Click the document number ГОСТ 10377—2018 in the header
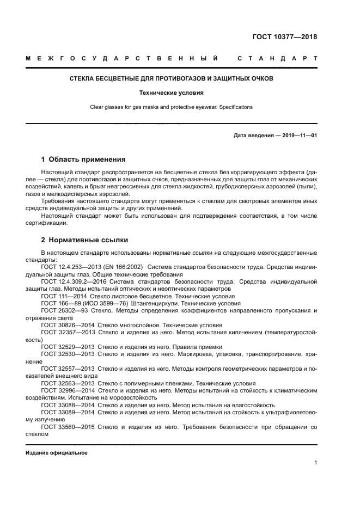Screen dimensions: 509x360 point(284,37)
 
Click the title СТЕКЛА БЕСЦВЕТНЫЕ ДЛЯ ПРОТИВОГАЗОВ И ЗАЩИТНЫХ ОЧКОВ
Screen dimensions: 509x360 point(171,78)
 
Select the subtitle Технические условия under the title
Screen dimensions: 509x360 point(171,93)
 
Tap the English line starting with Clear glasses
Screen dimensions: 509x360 point(171,107)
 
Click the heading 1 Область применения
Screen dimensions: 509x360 point(83,160)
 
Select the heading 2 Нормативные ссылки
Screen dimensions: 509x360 point(84,240)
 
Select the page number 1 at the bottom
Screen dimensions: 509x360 point(315,463)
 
